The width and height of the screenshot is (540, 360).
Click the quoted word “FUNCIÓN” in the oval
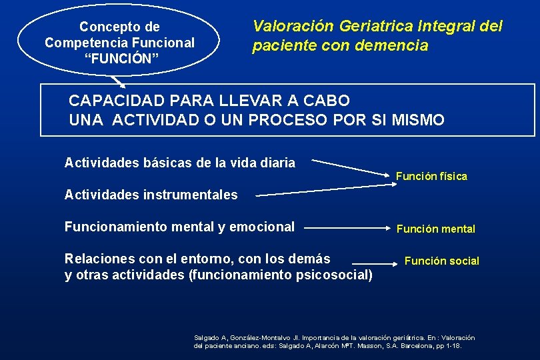click(x=120, y=59)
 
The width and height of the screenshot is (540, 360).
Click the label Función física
click(x=431, y=177)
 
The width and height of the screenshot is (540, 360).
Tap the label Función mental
click(x=435, y=229)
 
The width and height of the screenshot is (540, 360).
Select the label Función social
click(x=441, y=261)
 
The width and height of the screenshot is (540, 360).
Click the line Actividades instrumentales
click(x=151, y=195)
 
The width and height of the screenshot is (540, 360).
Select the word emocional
click(x=261, y=227)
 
